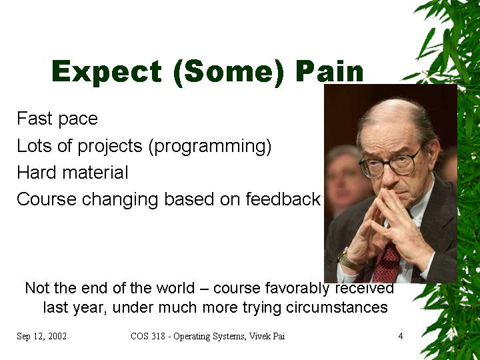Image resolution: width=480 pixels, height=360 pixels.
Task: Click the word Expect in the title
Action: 107,71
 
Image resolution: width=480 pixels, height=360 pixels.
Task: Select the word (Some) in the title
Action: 229,73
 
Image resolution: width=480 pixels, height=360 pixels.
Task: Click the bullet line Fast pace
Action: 57,119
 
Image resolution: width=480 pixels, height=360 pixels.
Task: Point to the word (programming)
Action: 210,146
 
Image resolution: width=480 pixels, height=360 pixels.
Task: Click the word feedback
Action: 283,199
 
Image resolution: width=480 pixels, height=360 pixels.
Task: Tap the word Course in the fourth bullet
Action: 47,199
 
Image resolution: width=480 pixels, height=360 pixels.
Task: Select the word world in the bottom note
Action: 175,288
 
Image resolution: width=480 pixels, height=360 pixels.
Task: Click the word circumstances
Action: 337,307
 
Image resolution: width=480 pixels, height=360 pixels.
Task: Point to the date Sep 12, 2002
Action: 41,336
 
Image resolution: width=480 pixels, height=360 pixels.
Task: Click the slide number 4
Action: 401,336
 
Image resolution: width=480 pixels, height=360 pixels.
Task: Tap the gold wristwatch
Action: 348,259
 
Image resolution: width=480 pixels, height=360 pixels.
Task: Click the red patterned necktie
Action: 386,263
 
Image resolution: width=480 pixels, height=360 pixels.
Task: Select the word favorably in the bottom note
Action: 297,289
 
